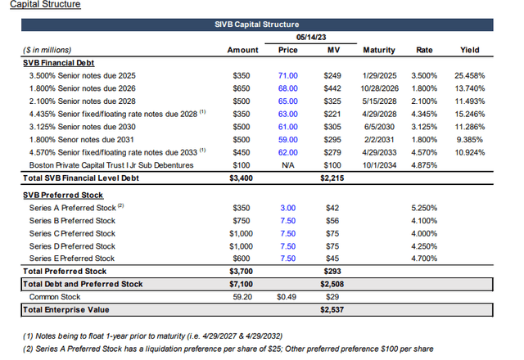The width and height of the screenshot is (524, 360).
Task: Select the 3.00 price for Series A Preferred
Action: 287,208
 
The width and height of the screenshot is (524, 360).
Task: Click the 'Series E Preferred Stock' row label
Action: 74,258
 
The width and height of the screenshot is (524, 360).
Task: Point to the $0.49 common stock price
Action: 287,297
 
